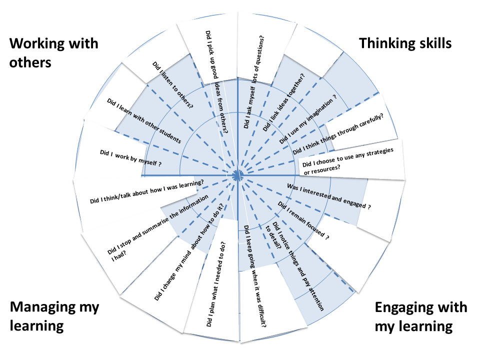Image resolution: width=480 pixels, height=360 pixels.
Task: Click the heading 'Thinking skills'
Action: click(405, 43)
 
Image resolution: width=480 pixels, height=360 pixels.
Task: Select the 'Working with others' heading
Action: click(54, 53)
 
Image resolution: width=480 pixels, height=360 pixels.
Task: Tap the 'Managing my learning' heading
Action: click(54, 316)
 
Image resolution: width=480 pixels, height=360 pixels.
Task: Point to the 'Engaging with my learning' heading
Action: click(420, 316)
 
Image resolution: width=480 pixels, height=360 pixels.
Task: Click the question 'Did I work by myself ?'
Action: click(131, 157)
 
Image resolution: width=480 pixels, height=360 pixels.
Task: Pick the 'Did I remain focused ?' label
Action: click(303, 219)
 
